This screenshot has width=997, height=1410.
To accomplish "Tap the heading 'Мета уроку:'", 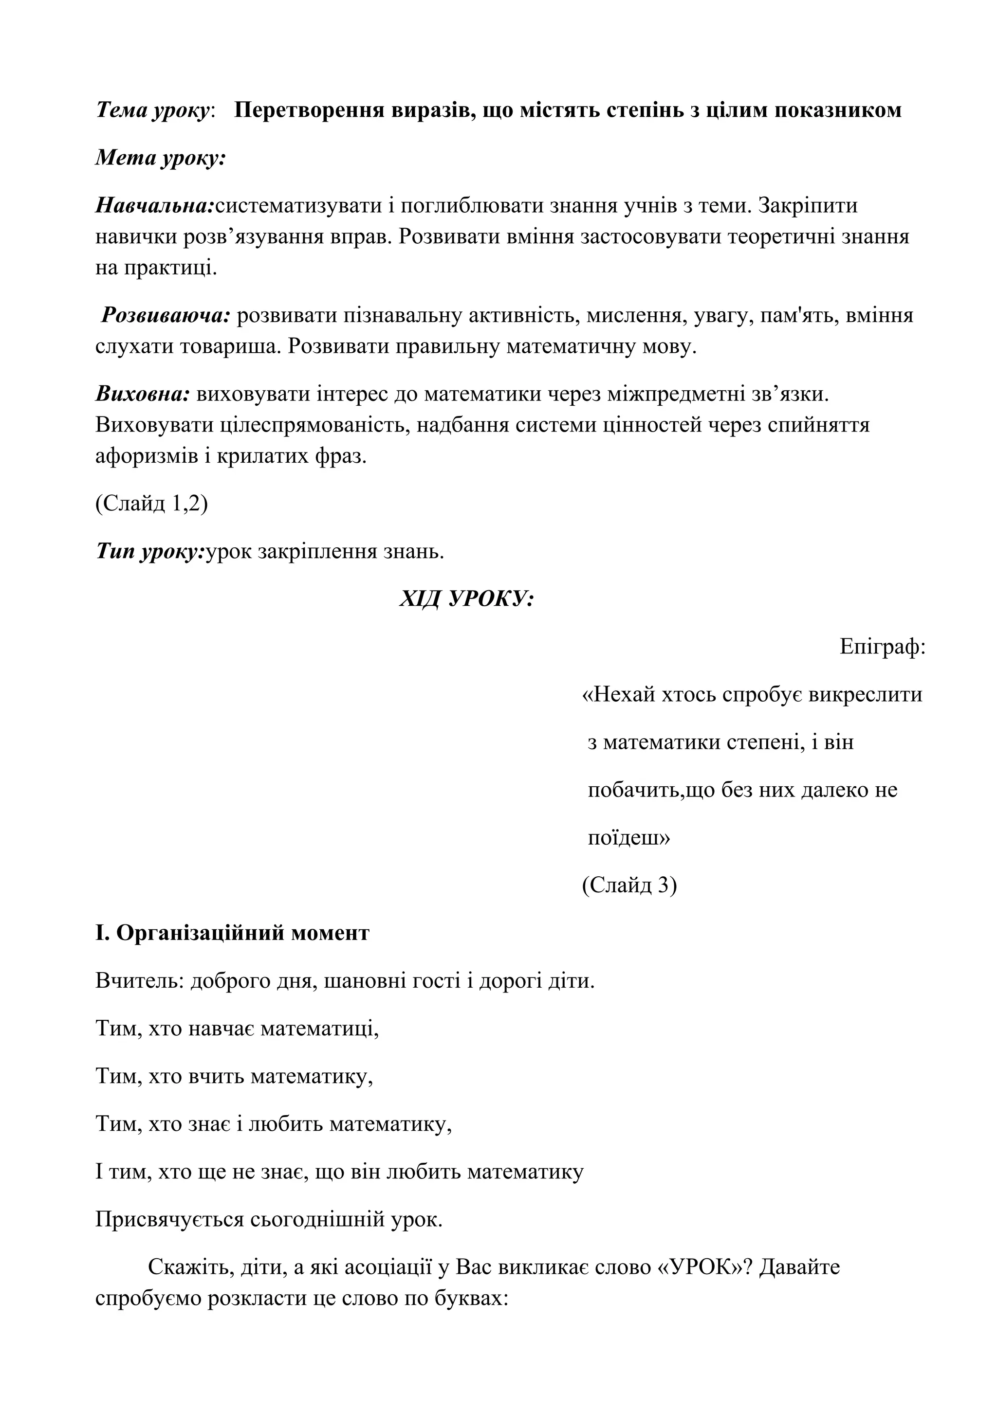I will pyautogui.click(x=161, y=159).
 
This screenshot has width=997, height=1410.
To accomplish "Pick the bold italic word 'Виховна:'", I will pyautogui.click(x=143, y=394).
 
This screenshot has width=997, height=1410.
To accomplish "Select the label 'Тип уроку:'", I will pyautogui.click(x=149, y=551).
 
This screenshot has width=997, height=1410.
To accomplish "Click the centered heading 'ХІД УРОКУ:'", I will pyautogui.click(x=466, y=599).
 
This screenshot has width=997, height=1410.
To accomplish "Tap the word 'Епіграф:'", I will pyautogui.click(x=883, y=647).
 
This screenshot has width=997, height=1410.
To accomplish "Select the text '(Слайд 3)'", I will pyautogui.click(x=629, y=885).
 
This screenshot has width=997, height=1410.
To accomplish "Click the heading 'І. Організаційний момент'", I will pyautogui.click(x=232, y=933).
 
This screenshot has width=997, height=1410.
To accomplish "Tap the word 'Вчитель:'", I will pyautogui.click(x=140, y=981).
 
